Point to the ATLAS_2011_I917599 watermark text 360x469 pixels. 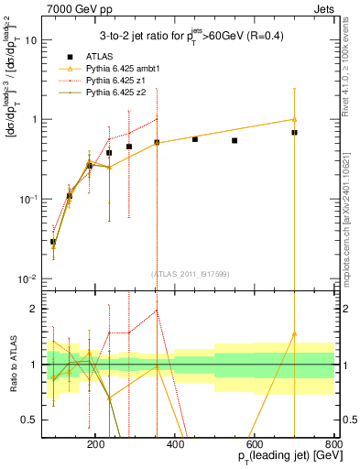[190, 273]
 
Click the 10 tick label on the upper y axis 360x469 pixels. [33, 40]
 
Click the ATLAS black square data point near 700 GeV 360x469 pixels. [294, 133]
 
